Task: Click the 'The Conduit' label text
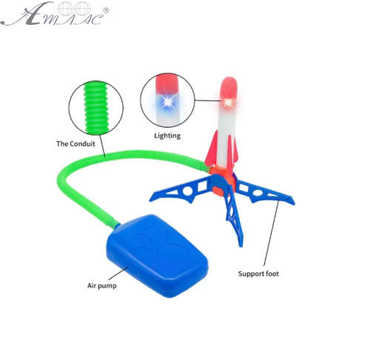pos(75,143)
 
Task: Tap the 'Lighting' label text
pos(167,136)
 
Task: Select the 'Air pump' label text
pos(102,286)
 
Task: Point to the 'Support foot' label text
pos(258,274)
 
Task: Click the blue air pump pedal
pos(158,255)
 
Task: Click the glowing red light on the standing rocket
pos(228,102)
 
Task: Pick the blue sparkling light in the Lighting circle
pos(166,102)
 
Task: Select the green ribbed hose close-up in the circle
pos(96,108)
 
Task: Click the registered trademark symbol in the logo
pos(106,10)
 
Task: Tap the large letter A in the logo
pos(35,14)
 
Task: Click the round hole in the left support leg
pos(187,191)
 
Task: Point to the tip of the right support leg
pos(294,204)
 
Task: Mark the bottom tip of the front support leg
pos(241,245)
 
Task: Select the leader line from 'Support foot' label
pos(272,233)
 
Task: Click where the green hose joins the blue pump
pos(116,225)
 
